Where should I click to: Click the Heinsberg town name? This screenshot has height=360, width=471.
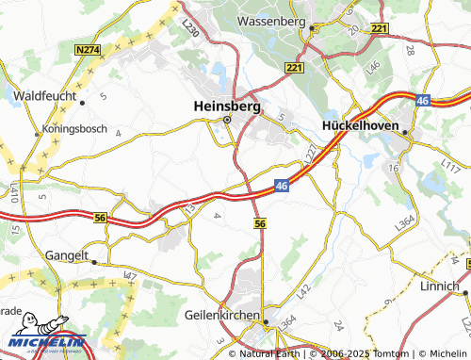pos(226,106)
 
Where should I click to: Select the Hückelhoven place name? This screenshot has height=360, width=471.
pos(363,123)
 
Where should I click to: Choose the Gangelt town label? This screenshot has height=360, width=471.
pos(67,254)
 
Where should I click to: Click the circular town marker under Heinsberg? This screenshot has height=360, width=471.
pos(226,120)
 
